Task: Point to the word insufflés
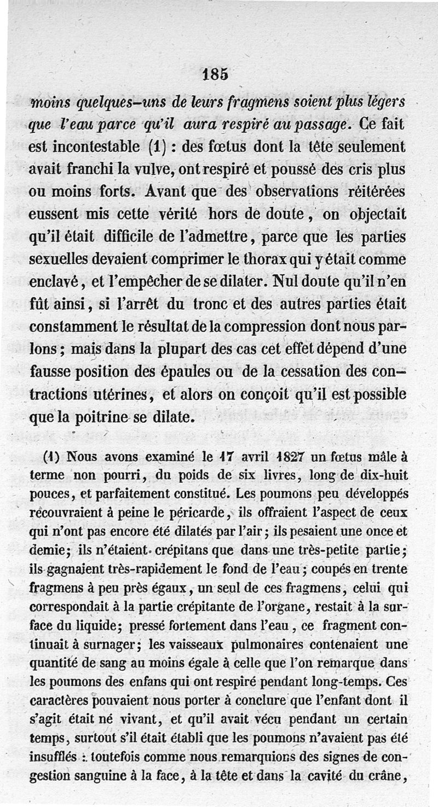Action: click(x=53, y=757)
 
